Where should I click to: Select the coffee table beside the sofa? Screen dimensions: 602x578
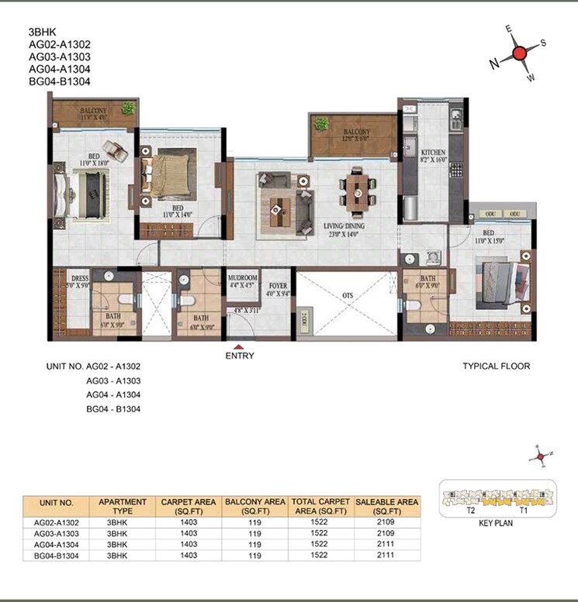pyautogui.click(x=276, y=208)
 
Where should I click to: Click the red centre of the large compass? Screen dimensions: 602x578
pyautogui.click(x=519, y=53)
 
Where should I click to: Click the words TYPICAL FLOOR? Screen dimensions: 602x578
pyautogui.click(x=497, y=366)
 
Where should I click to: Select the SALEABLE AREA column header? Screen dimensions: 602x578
pyautogui.click(x=386, y=507)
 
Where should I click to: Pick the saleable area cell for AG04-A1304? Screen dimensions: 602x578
pyautogui.click(x=386, y=545)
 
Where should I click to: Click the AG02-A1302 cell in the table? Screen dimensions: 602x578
pyautogui.click(x=56, y=523)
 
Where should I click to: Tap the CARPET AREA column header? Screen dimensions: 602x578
pyautogui.click(x=189, y=507)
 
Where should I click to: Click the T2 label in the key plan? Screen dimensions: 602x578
pyautogui.click(x=471, y=511)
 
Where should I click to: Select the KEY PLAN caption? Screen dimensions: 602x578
pyautogui.click(x=496, y=523)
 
